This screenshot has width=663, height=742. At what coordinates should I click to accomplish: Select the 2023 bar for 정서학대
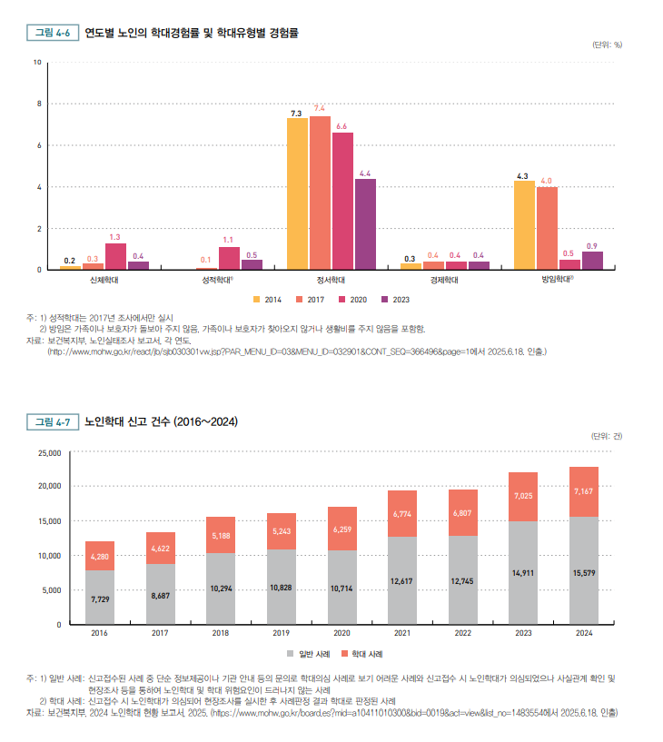[365, 224]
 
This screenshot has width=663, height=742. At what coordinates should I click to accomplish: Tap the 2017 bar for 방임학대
[547, 228]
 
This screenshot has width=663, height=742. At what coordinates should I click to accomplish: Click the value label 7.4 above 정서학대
[320, 108]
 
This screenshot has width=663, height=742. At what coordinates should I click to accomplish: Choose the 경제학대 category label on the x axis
[445, 281]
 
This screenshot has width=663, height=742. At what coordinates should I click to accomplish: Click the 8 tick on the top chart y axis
[38, 104]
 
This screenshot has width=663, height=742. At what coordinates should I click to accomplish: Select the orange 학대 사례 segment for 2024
[584, 491]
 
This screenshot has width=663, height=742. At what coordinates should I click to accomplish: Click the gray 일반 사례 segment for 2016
[100, 598]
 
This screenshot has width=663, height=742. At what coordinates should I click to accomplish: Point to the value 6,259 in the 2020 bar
[342, 529]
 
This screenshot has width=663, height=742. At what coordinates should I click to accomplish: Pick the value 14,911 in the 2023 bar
[523, 573]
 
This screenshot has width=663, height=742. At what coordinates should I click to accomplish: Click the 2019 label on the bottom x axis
[282, 634]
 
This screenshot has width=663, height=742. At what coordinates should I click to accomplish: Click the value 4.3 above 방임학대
[522, 175]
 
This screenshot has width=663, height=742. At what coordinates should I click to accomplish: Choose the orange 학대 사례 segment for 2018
[221, 535]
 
